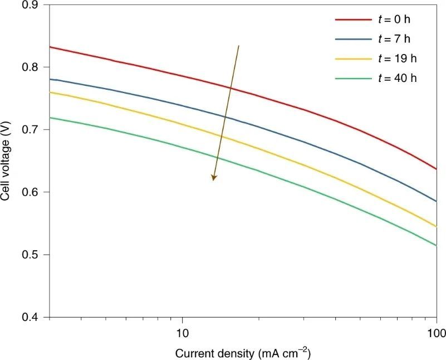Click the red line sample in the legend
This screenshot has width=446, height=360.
pos(353,20)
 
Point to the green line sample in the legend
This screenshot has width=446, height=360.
pos(353,78)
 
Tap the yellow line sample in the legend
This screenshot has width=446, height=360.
pos(353,59)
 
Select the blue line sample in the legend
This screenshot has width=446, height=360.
pos(353,39)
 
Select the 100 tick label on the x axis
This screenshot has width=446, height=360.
pos(437,333)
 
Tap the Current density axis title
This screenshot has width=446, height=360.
pos(242,353)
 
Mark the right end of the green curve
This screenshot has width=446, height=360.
pos(437,245)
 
